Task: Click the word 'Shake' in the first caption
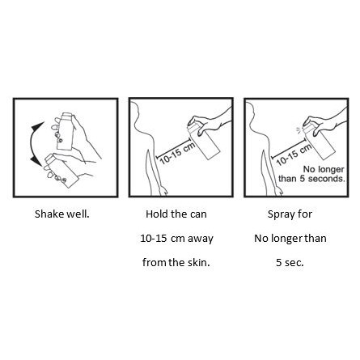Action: click(x=49, y=214)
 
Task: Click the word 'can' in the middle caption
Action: click(x=198, y=214)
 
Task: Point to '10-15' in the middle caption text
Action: click(x=153, y=239)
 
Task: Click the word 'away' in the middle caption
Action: click(x=201, y=239)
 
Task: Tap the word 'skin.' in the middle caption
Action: click(x=199, y=262)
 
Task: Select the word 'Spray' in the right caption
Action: click(x=280, y=214)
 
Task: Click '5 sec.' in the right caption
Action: click(x=290, y=262)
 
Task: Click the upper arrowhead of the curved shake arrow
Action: click(x=38, y=127)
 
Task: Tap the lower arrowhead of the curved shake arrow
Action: click(x=36, y=161)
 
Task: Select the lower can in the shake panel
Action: click(x=61, y=171)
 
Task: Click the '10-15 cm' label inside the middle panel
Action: click(x=177, y=153)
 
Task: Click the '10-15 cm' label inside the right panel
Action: click(x=294, y=155)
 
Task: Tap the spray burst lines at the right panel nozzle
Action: click(x=299, y=130)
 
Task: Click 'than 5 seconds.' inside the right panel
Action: click(x=311, y=179)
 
